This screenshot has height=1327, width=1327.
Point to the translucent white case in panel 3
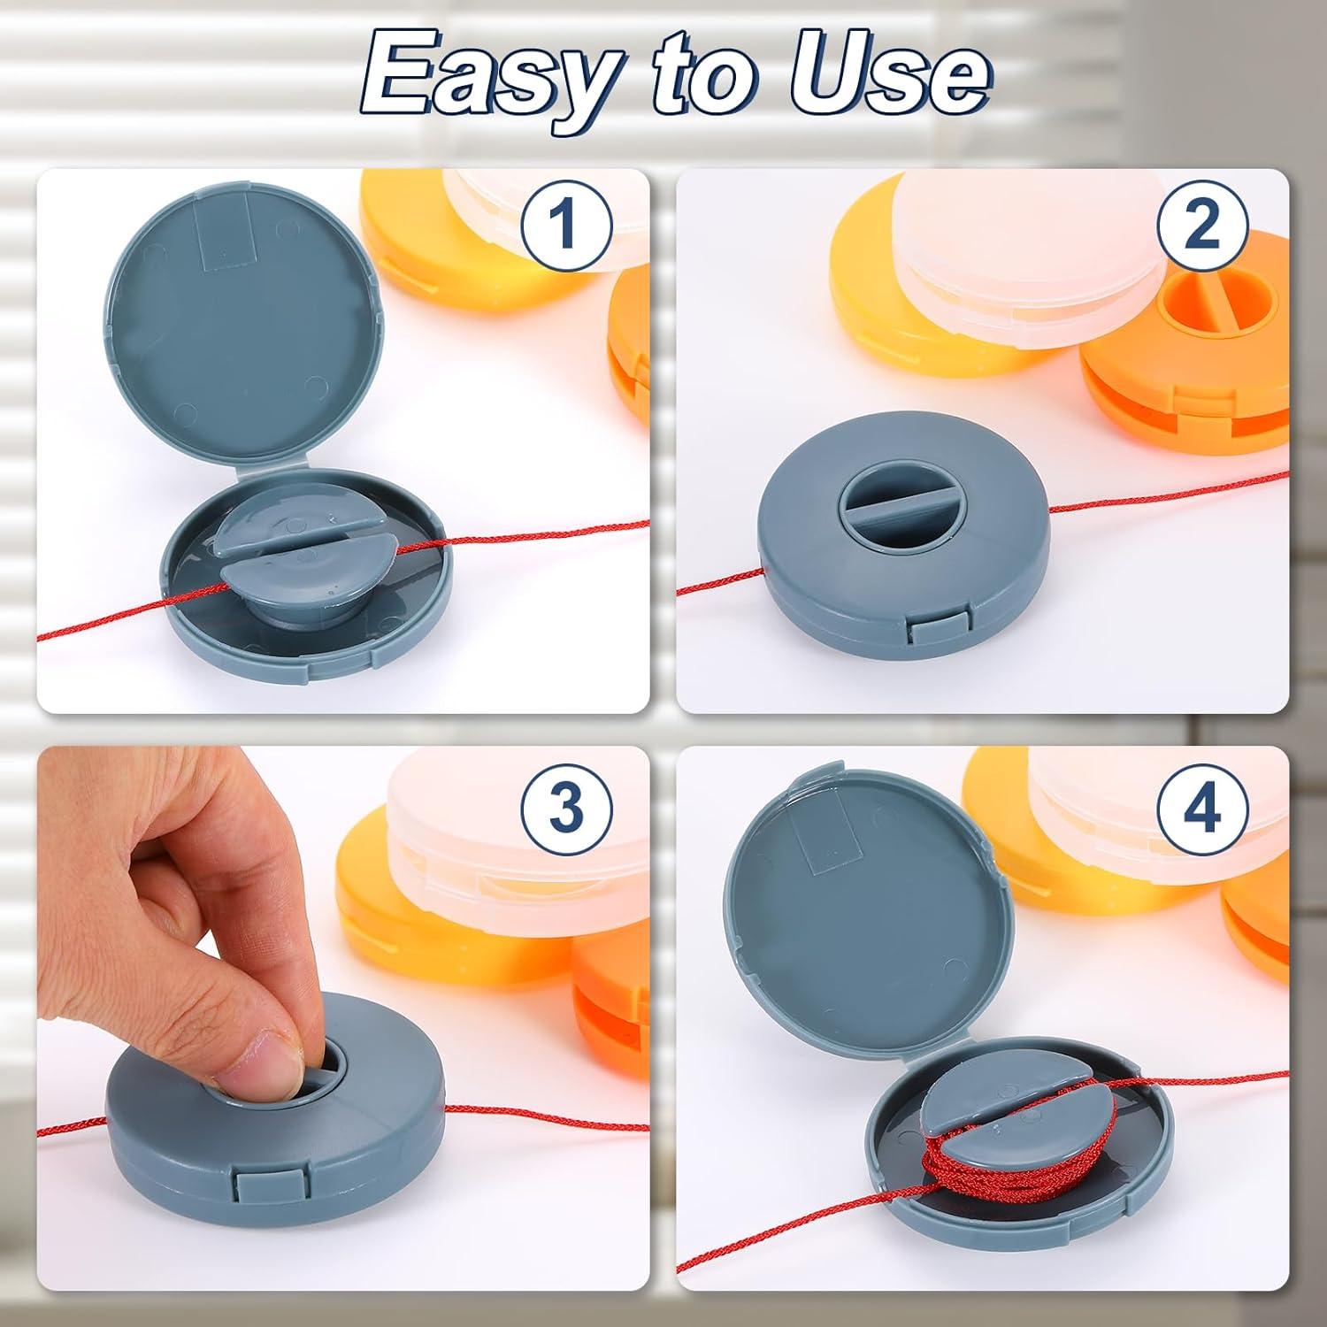click(x=513, y=849)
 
